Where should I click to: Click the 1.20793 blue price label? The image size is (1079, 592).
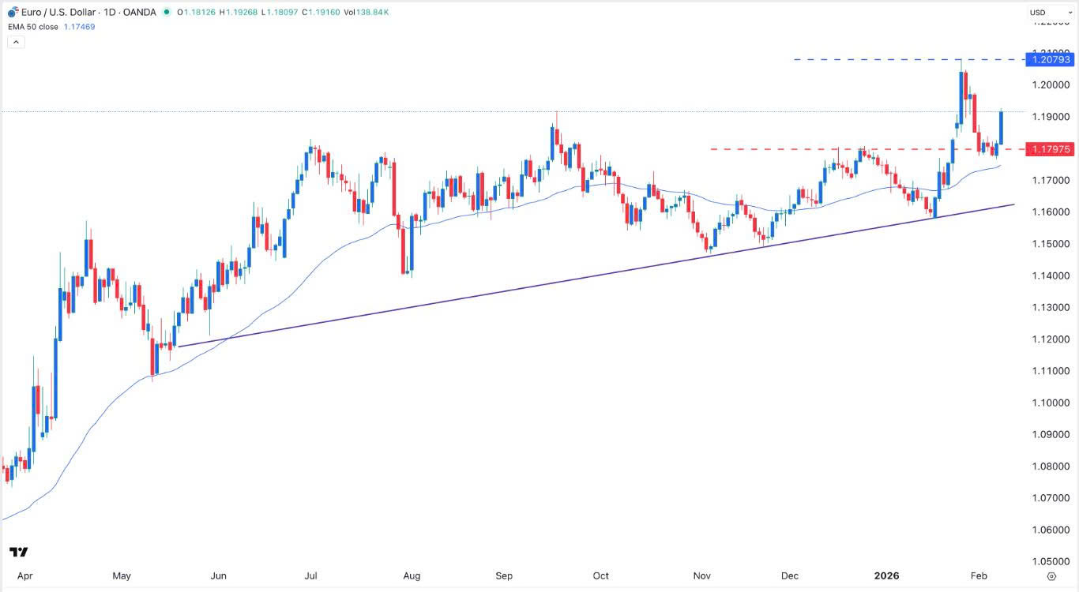(1049, 59)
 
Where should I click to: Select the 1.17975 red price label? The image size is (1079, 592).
(1049, 148)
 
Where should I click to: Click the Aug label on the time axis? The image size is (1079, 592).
(411, 575)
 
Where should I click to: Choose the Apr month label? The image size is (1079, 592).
(24, 575)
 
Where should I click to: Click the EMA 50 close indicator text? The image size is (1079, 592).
(32, 27)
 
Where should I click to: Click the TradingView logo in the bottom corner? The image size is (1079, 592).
(19, 552)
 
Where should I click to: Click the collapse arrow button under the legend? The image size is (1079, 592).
(16, 42)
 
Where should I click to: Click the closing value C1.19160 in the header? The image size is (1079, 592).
(318, 13)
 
